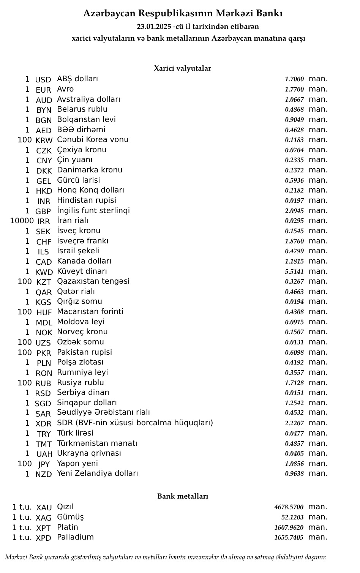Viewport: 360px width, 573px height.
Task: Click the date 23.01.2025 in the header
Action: click(154, 27)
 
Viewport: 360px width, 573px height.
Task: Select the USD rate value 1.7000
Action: click(294, 79)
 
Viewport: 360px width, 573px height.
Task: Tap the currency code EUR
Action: click(43, 90)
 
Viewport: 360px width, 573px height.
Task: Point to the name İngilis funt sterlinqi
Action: click(93, 210)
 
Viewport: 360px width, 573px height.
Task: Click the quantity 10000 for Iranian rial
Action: click(22, 221)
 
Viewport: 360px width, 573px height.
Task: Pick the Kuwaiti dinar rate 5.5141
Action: click(294, 272)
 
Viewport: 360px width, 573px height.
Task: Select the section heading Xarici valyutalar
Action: click(182, 68)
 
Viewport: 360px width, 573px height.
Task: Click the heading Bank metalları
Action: click(183, 496)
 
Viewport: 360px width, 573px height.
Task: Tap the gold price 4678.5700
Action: click(289, 507)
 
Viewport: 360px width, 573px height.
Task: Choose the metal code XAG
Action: click(44, 518)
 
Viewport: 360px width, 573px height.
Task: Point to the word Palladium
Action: click(75, 537)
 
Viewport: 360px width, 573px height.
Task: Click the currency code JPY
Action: click(44, 464)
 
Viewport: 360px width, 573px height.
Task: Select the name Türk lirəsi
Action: click(75, 433)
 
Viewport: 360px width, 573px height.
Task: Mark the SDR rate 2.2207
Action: click(294, 423)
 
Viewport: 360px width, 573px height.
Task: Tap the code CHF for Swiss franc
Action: click(44, 242)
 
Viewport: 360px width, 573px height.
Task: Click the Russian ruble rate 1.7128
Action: click(294, 383)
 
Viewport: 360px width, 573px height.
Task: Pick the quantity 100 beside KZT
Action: click(25, 281)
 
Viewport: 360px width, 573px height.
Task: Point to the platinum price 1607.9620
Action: click(289, 527)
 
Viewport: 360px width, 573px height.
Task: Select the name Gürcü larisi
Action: click(79, 180)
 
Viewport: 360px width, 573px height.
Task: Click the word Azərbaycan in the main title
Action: click(109, 14)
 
